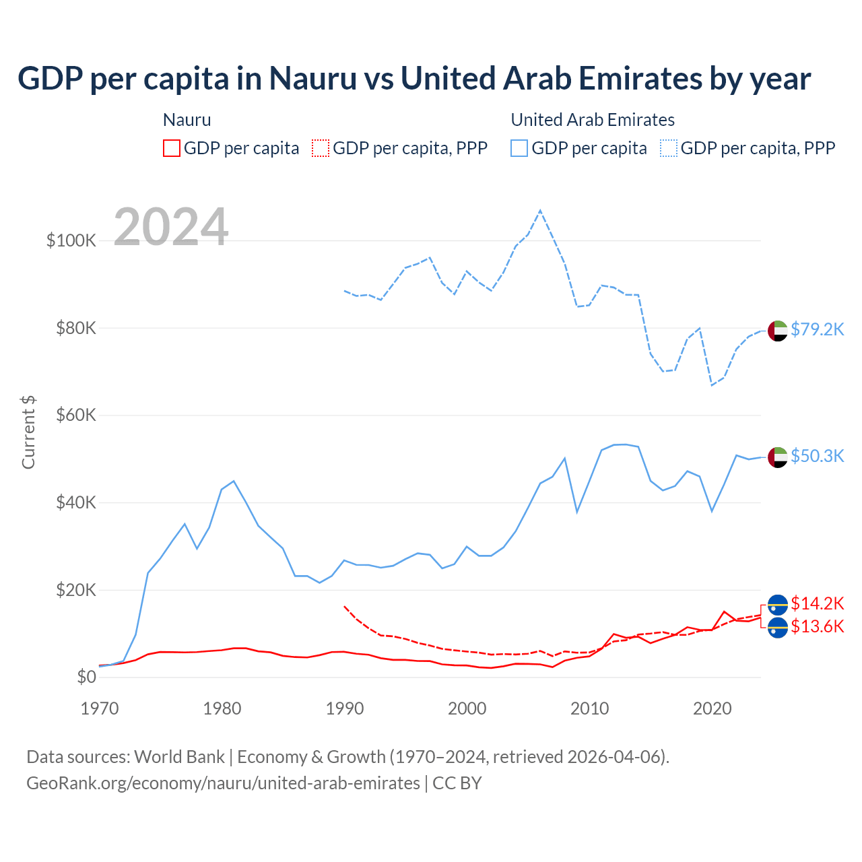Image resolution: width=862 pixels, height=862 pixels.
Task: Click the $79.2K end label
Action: (x=817, y=329)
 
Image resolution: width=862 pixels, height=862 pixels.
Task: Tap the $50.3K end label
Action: (x=817, y=456)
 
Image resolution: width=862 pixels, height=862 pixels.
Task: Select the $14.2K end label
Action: (x=817, y=603)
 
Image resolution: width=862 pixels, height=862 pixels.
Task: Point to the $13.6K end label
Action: (x=817, y=627)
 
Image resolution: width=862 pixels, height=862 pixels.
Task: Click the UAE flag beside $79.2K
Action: (x=778, y=331)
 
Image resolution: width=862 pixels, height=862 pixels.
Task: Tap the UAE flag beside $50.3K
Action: (x=778, y=457)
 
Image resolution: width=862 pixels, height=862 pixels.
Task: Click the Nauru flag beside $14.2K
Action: (x=778, y=605)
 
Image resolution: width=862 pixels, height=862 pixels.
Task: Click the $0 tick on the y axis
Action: (x=87, y=677)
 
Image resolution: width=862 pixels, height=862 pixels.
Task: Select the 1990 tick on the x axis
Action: (x=345, y=708)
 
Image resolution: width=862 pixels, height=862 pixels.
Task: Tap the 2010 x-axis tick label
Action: (x=590, y=708)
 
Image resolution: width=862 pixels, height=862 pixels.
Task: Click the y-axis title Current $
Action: (x=28, y=432)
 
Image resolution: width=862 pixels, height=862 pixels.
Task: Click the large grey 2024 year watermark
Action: (x=171, y=227)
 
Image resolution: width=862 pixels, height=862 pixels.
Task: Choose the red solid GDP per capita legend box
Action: (x=172, y=148)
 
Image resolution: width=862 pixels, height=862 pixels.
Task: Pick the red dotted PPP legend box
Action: (x=321, y=148)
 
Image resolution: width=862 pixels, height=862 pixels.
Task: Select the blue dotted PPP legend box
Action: (x=669, y=148)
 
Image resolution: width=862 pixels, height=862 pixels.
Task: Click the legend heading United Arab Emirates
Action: (x=593, y=120)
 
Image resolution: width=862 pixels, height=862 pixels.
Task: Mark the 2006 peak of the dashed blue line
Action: (x=540, y=211)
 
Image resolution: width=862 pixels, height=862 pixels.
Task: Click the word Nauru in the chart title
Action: (x=313, y=78)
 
